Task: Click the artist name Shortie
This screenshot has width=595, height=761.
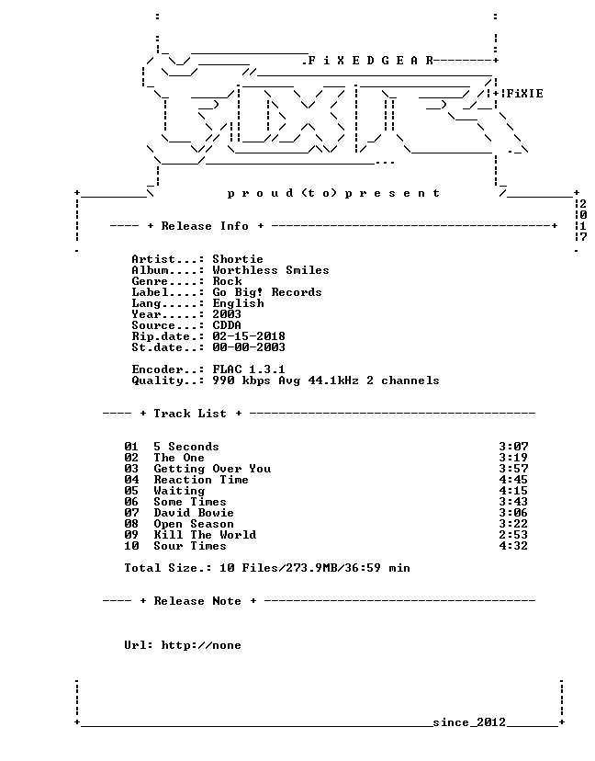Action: (238, 259)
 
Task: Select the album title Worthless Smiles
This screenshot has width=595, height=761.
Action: (271, 270)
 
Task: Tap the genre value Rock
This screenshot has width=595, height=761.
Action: (227, 281)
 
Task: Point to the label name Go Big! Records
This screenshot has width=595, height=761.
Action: (267, 292)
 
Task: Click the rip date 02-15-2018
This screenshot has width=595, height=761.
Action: (249, 336)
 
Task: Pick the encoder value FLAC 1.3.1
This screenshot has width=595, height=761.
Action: (249, 369)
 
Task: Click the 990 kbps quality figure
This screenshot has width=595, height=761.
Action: (241, 381)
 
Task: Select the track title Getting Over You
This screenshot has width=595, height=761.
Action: (212, 469)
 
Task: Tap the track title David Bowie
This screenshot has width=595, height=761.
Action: (194, 513)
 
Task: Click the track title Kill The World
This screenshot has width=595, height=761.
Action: (205, 535)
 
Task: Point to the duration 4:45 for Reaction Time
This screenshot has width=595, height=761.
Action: (513, 480)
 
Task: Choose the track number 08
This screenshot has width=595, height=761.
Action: (131, 524)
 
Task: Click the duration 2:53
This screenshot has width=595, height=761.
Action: (513, 535)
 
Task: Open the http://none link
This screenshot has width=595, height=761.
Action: (201, 645)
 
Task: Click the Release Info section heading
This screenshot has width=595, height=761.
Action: (205, 226)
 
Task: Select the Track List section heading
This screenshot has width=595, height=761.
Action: (190, 414)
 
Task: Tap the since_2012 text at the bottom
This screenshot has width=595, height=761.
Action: (469, 722)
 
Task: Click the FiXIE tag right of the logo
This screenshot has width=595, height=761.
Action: (525, 94)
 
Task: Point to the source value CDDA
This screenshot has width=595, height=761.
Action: (227, 325)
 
